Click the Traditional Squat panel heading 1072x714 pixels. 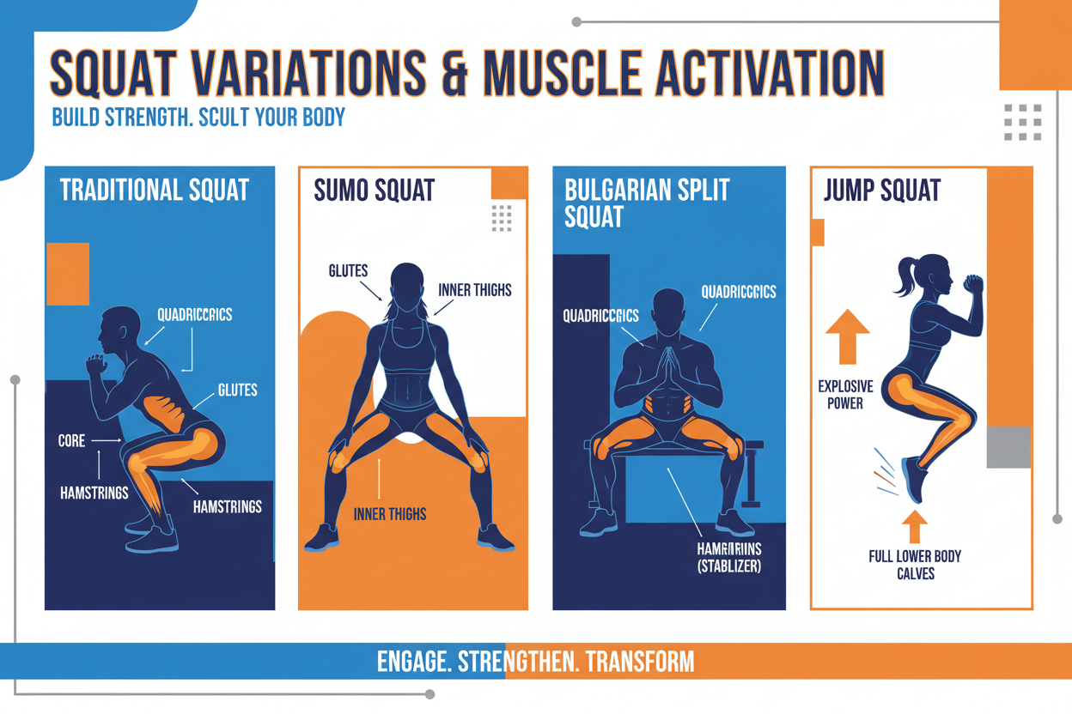pyautogui.click(x=155, y=190)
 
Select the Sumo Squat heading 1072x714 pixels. pyautogui.click(x=374, y=190)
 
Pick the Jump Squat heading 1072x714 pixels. pyautogui.click(x=882, y=190)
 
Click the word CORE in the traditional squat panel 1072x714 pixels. pyautogui.click(x=71, y=441)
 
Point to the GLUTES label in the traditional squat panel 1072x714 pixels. pyautogui.click(x=237, y=390)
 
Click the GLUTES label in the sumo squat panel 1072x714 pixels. pyautogui.click(x=348, y=271)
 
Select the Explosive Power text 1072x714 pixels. pyautogui.click(x=845, y=395)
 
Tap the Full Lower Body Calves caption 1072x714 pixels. pyautogui.click(x=915, y=565)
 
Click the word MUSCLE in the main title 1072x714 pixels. pyautogui.click(x=559, y=75)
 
